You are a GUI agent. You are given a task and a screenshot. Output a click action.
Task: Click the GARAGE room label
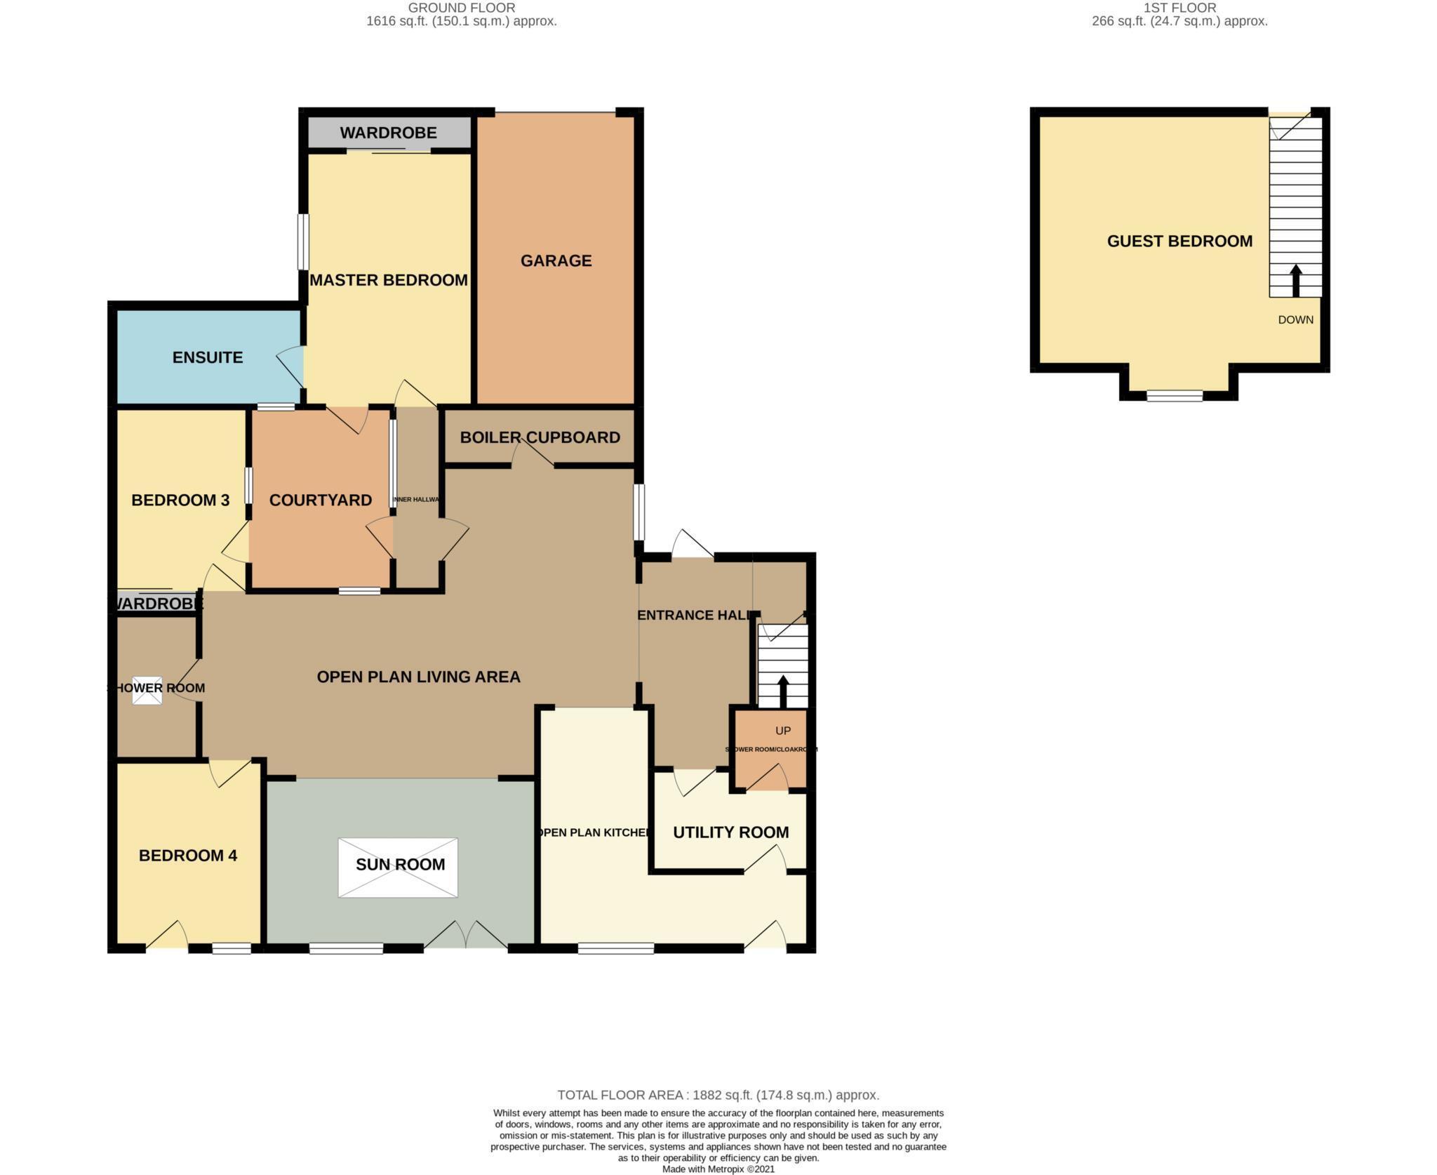[556, 260]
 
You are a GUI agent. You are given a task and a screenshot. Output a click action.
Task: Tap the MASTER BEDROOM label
[388, 280]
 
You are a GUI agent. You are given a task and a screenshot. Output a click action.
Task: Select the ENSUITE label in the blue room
[208, 357]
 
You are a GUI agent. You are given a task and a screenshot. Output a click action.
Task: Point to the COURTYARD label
[320, 500]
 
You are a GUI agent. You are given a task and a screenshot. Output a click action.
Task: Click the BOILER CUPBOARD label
[540, 437]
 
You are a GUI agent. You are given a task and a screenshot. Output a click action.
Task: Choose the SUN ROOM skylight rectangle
[398, 867]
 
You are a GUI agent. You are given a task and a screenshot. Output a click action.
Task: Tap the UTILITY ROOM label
[730, 832]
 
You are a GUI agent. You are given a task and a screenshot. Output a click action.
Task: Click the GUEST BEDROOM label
[1179, 241]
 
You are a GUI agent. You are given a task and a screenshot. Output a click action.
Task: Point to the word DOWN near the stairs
[1295, 320]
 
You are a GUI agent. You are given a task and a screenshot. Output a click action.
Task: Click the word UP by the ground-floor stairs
[783, 731]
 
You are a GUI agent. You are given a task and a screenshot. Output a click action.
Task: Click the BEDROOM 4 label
[187, 856]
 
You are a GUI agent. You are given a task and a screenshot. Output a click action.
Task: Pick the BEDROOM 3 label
[180, 500]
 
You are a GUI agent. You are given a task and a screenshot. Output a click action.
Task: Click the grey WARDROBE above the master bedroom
[388, 133]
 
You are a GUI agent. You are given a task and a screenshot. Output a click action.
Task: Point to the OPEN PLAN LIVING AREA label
[418, 677]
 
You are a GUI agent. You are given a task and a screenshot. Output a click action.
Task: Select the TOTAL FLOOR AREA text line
[718, 1095]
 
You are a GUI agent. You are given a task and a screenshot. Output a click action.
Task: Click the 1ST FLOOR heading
[1179, 8]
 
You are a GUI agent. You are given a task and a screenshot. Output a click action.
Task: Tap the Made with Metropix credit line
[718, 1169]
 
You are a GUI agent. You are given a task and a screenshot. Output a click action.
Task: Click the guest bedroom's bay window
[1175, 396]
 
